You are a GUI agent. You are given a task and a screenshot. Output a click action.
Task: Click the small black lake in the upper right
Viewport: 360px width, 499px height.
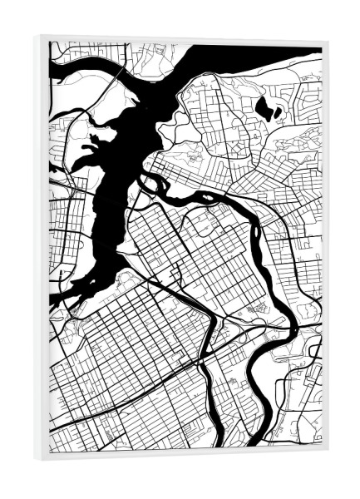point(268,106)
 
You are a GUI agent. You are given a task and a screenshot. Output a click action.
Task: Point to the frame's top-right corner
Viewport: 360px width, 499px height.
point(328,39)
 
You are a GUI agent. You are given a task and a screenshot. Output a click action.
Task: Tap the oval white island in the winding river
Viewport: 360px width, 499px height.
point(200,197)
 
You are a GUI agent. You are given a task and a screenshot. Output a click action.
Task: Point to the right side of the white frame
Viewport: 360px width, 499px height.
point(324,249)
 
